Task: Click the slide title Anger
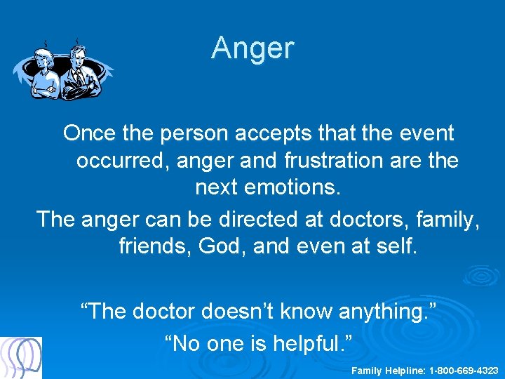(252, 48)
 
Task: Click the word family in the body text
(448, 219)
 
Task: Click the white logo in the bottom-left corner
(21, 357)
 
